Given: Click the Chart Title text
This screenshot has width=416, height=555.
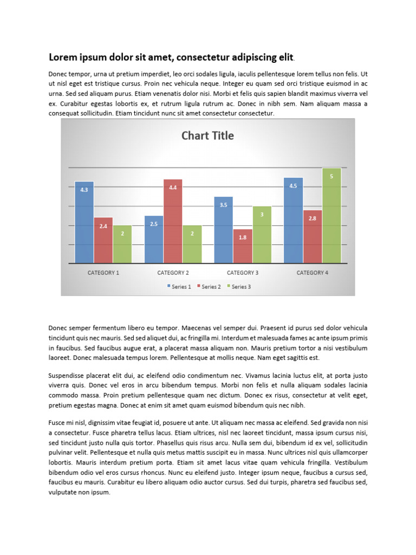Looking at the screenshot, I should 207,135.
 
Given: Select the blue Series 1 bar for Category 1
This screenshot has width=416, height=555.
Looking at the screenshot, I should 84,222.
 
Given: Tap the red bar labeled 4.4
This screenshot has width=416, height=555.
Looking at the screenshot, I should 173,221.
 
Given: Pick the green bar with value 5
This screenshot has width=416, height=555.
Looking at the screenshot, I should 331,216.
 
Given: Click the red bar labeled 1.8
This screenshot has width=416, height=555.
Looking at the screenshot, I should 243,247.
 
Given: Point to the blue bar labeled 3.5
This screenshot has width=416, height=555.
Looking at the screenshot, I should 224,230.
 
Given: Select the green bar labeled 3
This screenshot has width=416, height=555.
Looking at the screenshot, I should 262,235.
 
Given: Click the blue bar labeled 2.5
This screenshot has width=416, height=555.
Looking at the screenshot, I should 154,240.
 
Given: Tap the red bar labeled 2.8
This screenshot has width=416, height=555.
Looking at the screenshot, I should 313,236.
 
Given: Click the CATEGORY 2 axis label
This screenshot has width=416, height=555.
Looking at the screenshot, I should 173,273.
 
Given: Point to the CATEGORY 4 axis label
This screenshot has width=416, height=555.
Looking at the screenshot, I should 313,273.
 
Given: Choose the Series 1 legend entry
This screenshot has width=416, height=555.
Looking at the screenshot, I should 179,287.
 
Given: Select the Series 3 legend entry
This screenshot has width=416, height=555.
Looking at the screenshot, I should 239,287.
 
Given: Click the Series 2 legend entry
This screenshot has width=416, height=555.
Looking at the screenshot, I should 209,287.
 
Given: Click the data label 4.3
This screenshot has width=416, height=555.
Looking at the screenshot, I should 84,190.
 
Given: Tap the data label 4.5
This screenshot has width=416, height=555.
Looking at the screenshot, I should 293,186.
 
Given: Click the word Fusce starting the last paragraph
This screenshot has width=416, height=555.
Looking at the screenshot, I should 58,422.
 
